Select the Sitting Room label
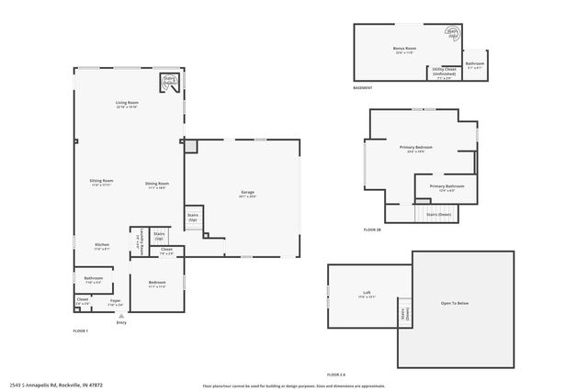click(x=101, y=183)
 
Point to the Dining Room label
click(x=157, y=185)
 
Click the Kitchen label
click(x=102, y=246)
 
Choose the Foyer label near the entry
click(x=116, y=301)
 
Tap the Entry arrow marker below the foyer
click(x=121, y=315)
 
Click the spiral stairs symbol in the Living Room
click(x=170, y=83)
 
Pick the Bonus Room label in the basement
click(x=403, y=50)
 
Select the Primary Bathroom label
click(x=447, y=187)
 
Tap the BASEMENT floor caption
click(x=362, y=88)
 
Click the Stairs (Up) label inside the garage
click(x=193, y=218)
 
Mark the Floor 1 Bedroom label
click(x=157, y=284)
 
